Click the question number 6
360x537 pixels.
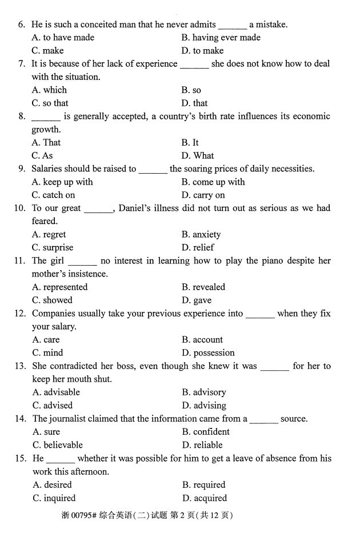[x=22, y=25]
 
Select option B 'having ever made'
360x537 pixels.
[x=221, y=38]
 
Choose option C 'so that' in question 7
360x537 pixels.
[x=50, y=103]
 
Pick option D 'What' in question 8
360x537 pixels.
[x=198, y=156]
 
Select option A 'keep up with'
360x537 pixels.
[x=62, y=182]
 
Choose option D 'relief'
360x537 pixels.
[x=198, y=248]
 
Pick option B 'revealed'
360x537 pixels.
[x=203, y=287]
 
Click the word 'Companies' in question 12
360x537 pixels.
[x=53, y=314]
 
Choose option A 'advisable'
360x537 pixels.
[x=56, y=392]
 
